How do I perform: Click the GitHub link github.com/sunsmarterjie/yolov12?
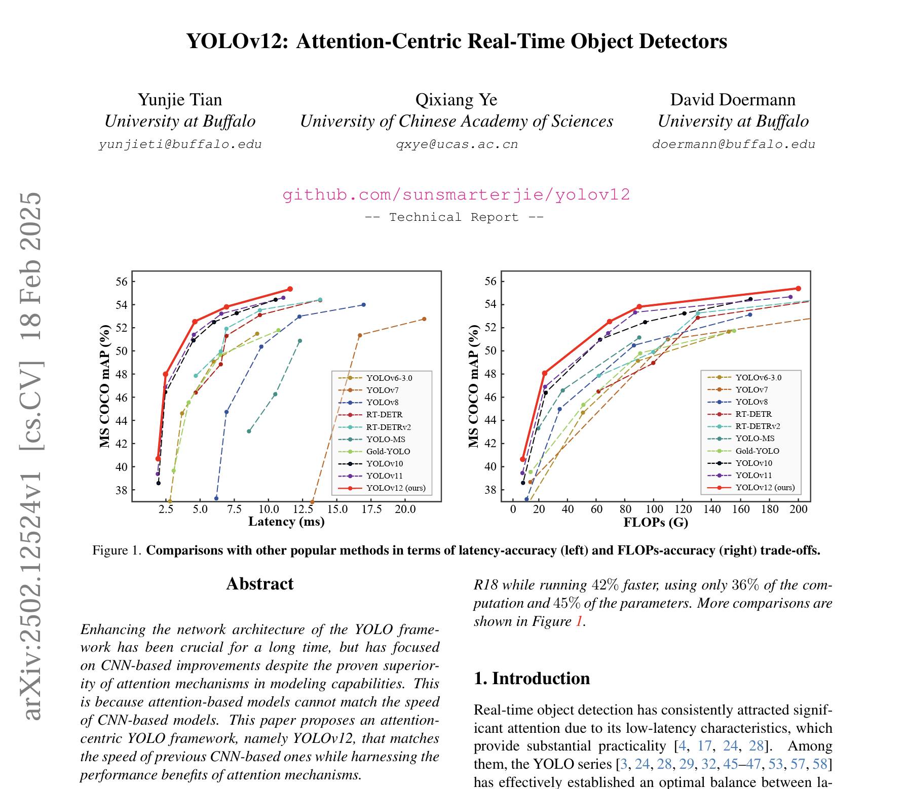coord(456,194)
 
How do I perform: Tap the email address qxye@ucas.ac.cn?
coord(457,144)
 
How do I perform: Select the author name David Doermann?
coord(733,99)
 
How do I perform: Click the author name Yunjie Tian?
coord(180,99)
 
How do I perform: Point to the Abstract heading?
coord(260,583)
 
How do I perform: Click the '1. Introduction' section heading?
coord(532,678)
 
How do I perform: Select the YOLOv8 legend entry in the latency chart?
coord(375,403)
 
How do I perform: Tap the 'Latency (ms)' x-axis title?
coord(286,522)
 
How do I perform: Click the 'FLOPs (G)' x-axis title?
coord(656,522)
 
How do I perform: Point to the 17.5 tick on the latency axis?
coord(371,509)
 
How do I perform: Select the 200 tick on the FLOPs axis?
coord(799,509)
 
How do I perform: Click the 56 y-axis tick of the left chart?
coord(123,282)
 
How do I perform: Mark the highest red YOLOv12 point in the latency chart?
coord(290,289)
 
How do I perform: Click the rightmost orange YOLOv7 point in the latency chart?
coord(424,319)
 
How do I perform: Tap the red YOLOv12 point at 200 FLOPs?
coord(799,289)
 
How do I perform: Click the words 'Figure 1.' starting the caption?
coord(117,550)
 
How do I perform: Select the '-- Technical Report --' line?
coord(455,217)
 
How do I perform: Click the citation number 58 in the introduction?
coord(820,764)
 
